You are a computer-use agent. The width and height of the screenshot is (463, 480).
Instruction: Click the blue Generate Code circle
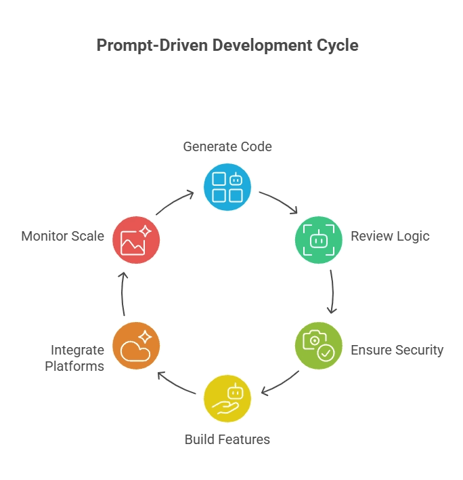pyautogui.click(x=227, y=187)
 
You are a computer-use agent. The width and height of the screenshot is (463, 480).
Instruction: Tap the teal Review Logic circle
pyautogui.click(x=318, y=239)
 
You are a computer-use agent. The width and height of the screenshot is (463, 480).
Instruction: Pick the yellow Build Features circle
pyautogui.click(x=227, y=398)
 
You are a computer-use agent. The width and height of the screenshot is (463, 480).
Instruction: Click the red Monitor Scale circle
pyautogui.click(x=136, y=239)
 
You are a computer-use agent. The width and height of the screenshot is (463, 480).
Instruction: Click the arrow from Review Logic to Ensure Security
pyautogui.click(x=332, y=292)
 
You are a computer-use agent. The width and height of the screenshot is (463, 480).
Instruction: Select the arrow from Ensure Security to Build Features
pyautogui.click(x=280, y=383)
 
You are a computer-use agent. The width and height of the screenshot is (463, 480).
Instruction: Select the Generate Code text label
pyautogui.click(x=227, y=146)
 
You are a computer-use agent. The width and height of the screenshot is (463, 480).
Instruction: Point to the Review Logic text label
pyautogui.click(x=390, y=237)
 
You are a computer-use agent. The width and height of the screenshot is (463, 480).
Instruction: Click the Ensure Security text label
pyautogui.click(x=397, y=351)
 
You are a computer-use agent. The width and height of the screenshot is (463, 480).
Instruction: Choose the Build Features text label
pyautogui.click(x=227, y=439)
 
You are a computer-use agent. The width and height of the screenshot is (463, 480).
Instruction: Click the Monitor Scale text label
pyautogui.click(x=62, y=237)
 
